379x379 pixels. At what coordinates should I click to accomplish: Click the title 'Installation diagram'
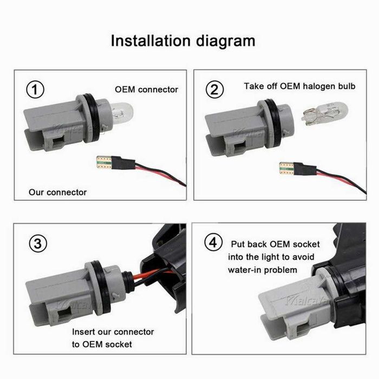coord(182,41)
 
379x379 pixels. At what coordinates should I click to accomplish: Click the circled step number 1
coord(36,90)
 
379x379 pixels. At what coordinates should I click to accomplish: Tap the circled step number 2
coord(215,89)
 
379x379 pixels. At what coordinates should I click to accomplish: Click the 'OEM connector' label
coord(146,89)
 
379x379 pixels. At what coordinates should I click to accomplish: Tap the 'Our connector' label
coord(57,192)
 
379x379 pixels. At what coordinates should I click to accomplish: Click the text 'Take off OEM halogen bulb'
coord(299,86)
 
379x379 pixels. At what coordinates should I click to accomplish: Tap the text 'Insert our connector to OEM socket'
coord(113,338)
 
